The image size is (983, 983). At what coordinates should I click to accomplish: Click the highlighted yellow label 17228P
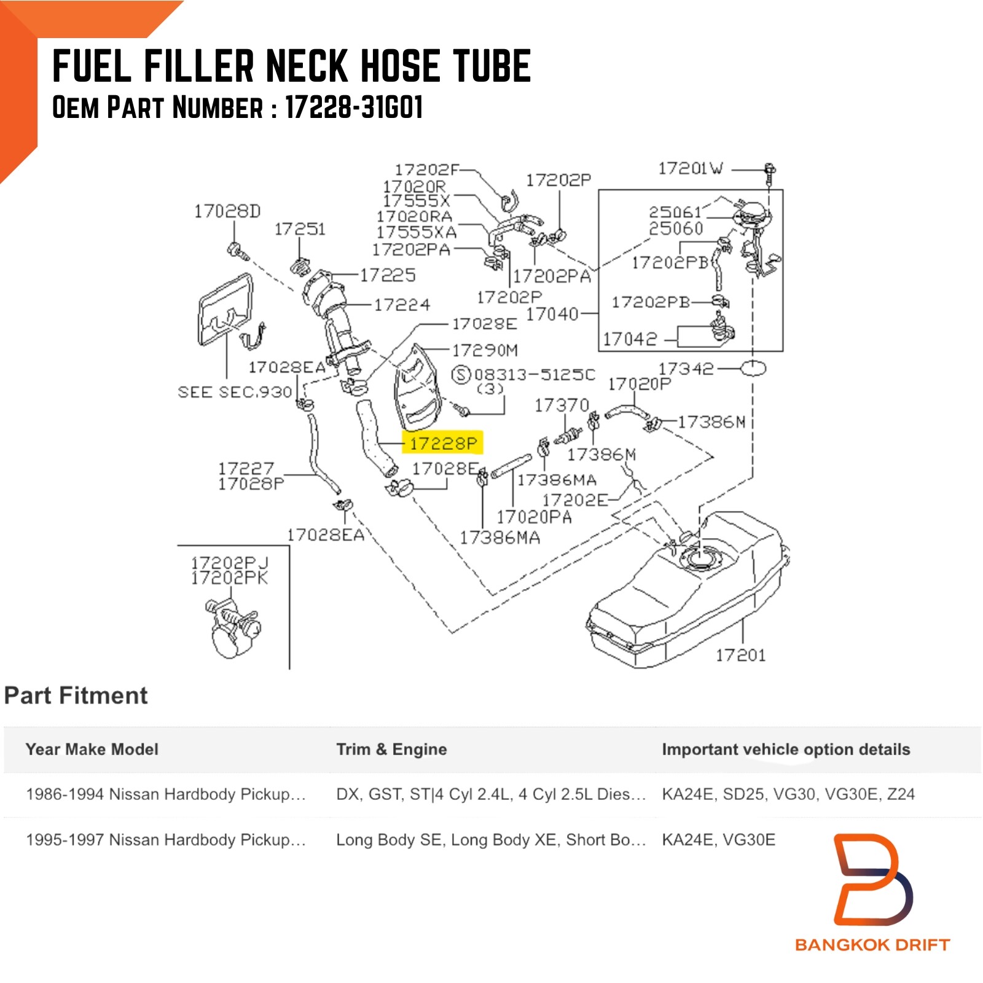coord(443,442)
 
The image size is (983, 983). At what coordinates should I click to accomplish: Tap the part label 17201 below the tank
coord(740,655)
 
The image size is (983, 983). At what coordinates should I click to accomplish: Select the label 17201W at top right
coord(691,168)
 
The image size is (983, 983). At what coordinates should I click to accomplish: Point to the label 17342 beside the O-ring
coord(686,369)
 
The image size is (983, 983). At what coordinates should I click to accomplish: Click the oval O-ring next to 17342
coord(753,369)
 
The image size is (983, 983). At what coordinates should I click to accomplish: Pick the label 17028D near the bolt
coord(227,211)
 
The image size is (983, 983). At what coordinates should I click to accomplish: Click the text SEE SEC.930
coord(235,392)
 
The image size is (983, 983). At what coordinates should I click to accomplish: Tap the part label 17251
coord(300,229)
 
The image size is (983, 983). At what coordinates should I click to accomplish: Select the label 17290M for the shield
coord(485,350)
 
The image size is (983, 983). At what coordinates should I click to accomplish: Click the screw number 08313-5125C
coord(535,375)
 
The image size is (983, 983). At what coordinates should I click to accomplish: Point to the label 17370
coord(562,405)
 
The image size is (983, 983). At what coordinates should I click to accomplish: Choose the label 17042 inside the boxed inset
coord(630,339)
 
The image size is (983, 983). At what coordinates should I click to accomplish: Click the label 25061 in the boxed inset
coord(675,212)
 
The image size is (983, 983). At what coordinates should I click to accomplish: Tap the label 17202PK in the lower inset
coord(229,578)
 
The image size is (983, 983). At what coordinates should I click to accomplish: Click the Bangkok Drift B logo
coord(872,879)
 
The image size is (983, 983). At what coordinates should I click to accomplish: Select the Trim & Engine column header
coord(391,749)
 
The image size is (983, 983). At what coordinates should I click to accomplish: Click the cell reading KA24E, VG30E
coord(718,839)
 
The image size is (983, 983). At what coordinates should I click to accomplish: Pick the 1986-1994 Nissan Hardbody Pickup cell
coord(166,794)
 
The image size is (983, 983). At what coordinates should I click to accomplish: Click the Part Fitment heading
coord(76,695)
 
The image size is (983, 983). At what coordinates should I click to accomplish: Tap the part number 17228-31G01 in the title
coord(354,108)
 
